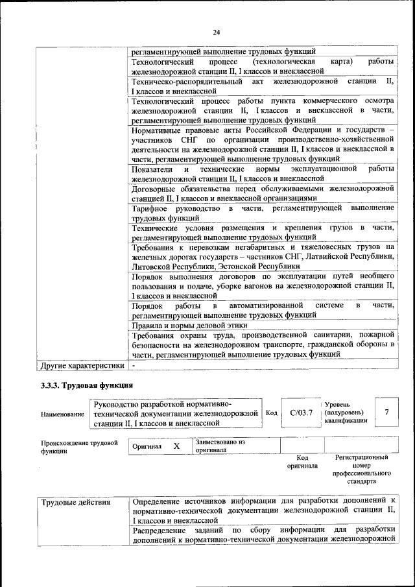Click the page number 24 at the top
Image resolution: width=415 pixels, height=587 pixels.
pyautogui.click(x=216, y=32)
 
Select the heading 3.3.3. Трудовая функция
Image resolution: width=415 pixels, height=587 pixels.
pyautogui.click(x=78, y=387)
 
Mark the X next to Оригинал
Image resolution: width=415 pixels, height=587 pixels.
pyautogui.click(x=176, y=446)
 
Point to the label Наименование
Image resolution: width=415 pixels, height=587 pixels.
pyautogui.click(x=62, y=414)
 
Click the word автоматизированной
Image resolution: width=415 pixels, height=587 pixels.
pyautogui.click(x=267, y=305)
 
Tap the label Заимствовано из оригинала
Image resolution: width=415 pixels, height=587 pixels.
pyautogui.click(x=219, y=446)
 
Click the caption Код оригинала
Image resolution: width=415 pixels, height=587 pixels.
pyautogui.click(x=302, y=461)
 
